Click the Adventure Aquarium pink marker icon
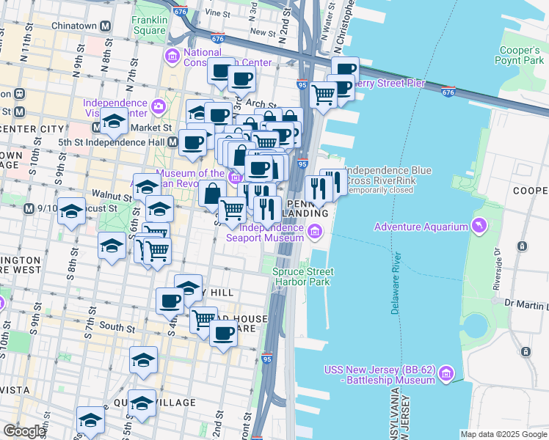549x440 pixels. point(479,226)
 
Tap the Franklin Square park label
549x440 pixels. point(149,26)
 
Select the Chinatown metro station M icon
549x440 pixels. point(106,25)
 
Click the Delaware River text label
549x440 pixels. point(396,285)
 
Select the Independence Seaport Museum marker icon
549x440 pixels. point(315,232)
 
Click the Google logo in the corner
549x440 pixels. point(24,430)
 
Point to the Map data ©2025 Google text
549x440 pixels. point(503,434)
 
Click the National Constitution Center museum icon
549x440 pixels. point(172,56)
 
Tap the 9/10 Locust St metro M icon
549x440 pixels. point(29,208)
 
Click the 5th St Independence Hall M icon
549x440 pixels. point(172,142)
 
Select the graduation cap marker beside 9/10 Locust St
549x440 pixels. point(70,212)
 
